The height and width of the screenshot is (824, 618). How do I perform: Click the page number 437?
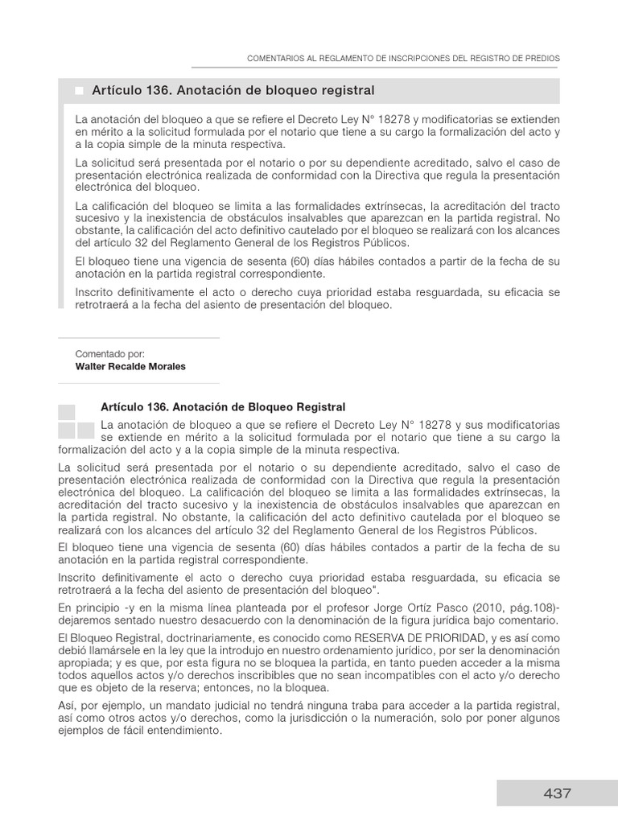(x=557, y=793)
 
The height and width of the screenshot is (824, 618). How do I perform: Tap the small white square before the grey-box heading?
(x=79, y=91)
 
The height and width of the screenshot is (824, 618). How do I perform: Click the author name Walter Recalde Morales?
(x=130, y=366)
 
